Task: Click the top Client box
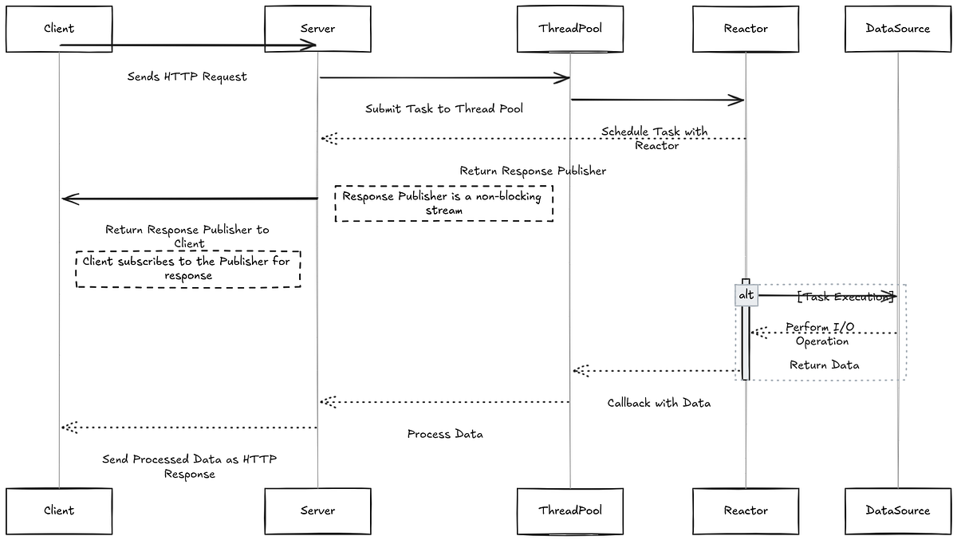59,29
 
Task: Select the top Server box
317,29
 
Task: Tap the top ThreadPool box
570,29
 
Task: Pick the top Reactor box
746,29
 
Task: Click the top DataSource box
897,29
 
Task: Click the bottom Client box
59,510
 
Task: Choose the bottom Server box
317,510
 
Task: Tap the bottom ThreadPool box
570,510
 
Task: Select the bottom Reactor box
746,510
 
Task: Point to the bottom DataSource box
897,510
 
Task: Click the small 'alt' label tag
746,295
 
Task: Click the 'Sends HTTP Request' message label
187,77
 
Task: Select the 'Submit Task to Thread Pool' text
444,108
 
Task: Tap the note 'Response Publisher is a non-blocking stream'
443,203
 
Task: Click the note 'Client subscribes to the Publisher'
188,268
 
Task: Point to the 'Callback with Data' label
659,403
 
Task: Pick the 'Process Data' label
445,435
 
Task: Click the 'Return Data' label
824,365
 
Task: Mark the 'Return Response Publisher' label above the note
533,171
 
